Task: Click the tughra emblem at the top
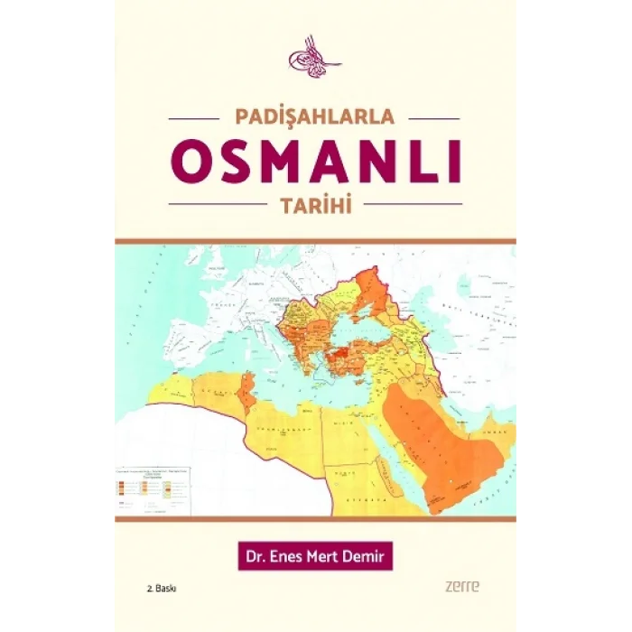click(315, 57)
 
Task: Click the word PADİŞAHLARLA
click(315, 118)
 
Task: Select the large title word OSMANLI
click(315, 162)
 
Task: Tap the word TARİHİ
click(315, 204)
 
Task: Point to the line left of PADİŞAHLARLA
click(193, 118)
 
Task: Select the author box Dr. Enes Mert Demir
click(315, 554)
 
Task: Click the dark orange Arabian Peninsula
click(433, 442)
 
